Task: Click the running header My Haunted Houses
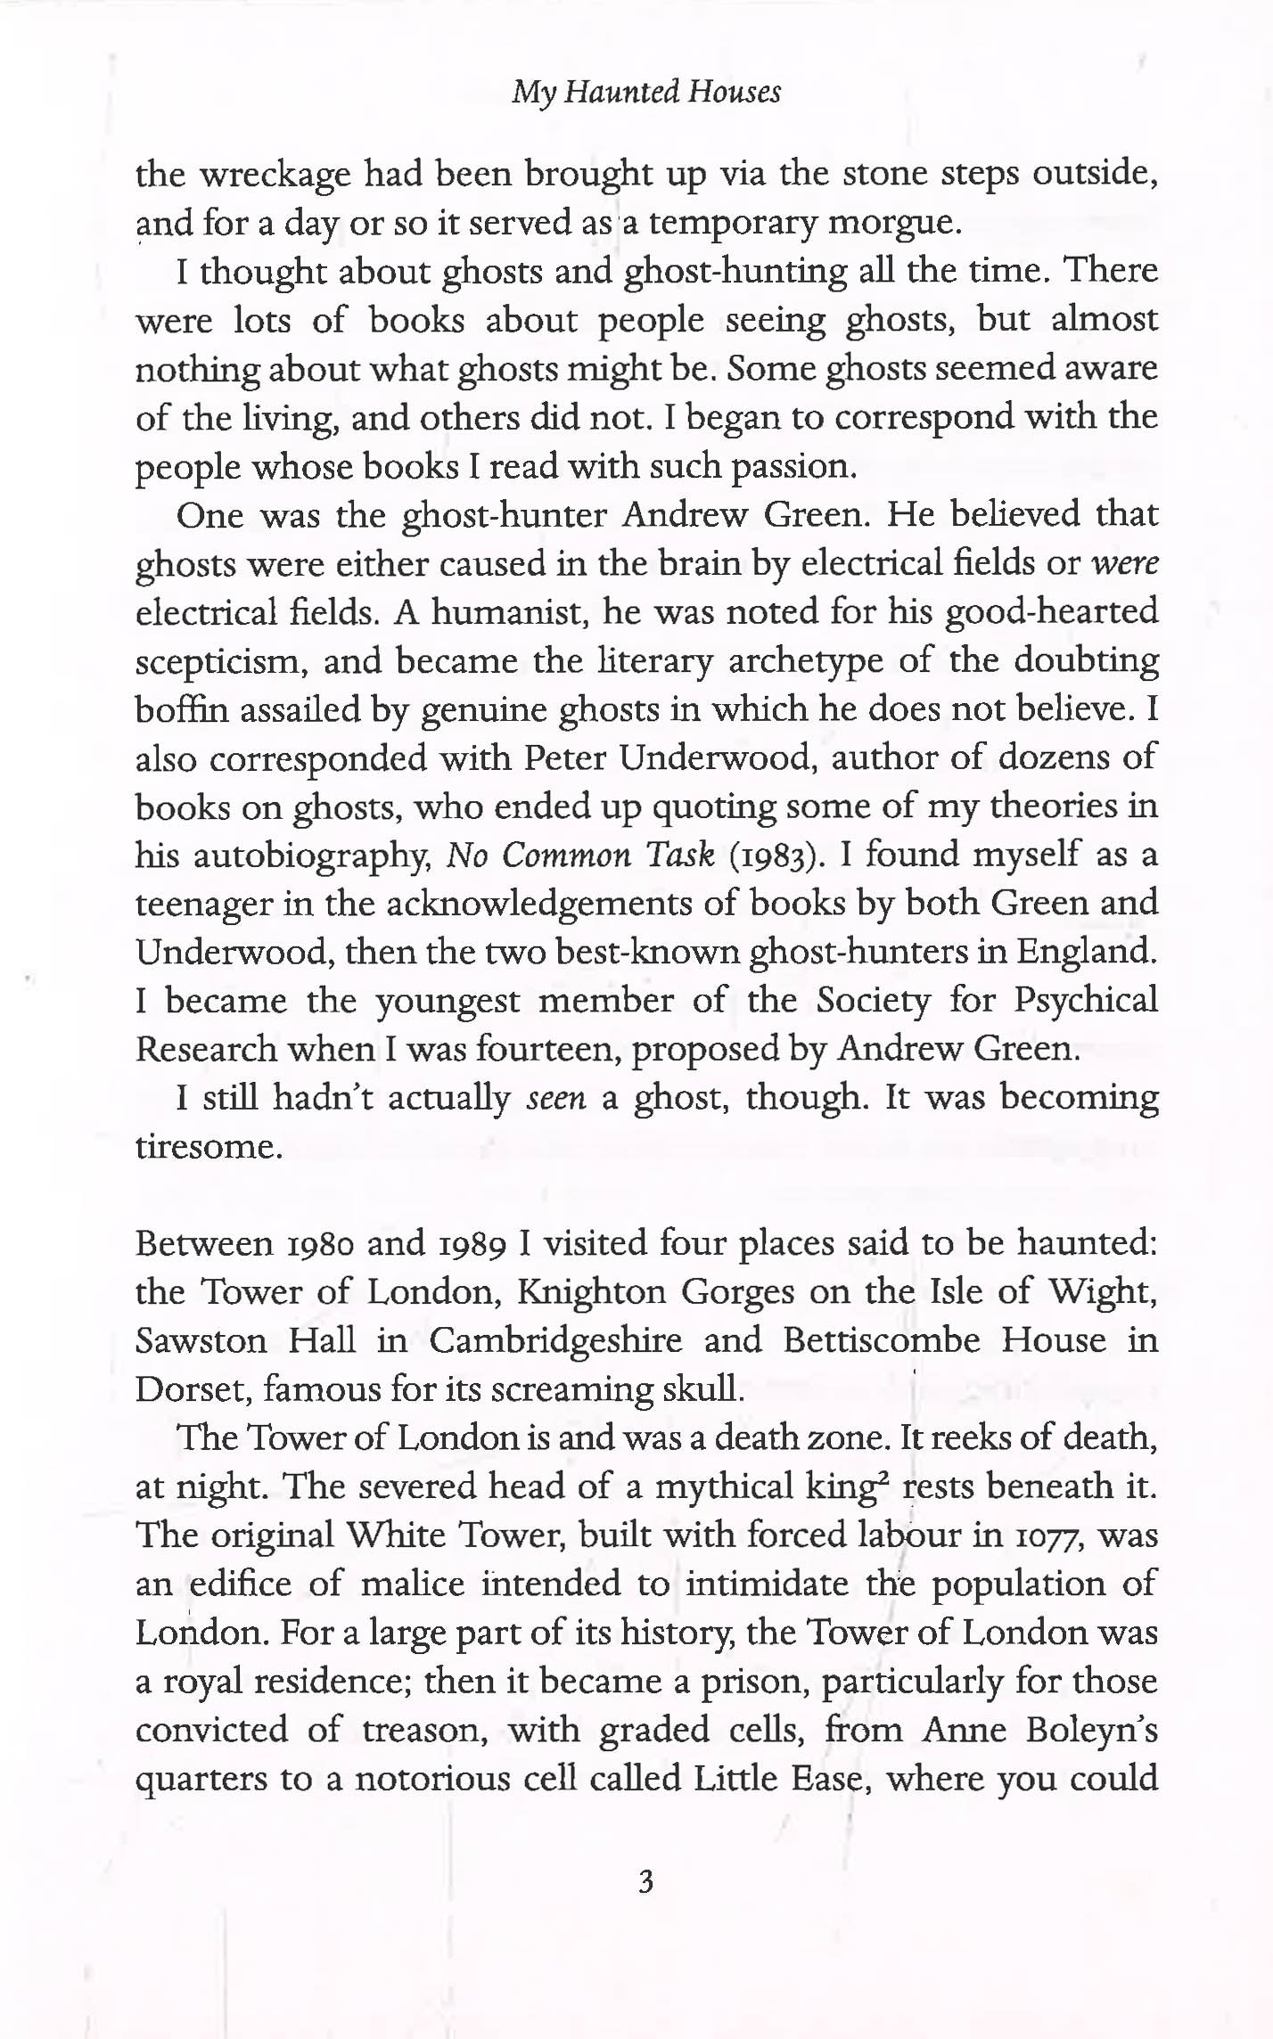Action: [x=646, y=92]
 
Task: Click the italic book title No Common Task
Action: [x=580, y=855]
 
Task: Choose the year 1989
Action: [x=473, y=1243]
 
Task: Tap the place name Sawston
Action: [x=201, y=1341]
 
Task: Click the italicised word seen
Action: [x=556, y=1099]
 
